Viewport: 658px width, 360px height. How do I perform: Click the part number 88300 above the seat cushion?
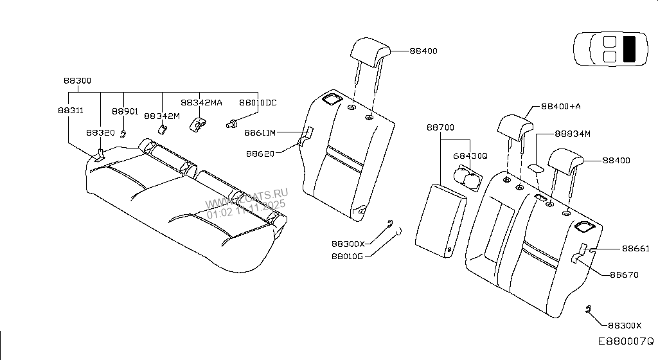77,81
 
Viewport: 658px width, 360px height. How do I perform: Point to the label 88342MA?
201,102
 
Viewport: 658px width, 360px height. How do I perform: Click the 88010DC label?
258,102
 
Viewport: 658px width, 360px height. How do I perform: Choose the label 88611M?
260,133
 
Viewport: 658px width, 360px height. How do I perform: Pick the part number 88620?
260,154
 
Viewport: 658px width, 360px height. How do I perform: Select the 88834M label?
572,134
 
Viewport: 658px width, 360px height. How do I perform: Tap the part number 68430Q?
470,156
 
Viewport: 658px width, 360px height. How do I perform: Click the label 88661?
636,248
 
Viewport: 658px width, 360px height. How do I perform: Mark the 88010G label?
348,256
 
